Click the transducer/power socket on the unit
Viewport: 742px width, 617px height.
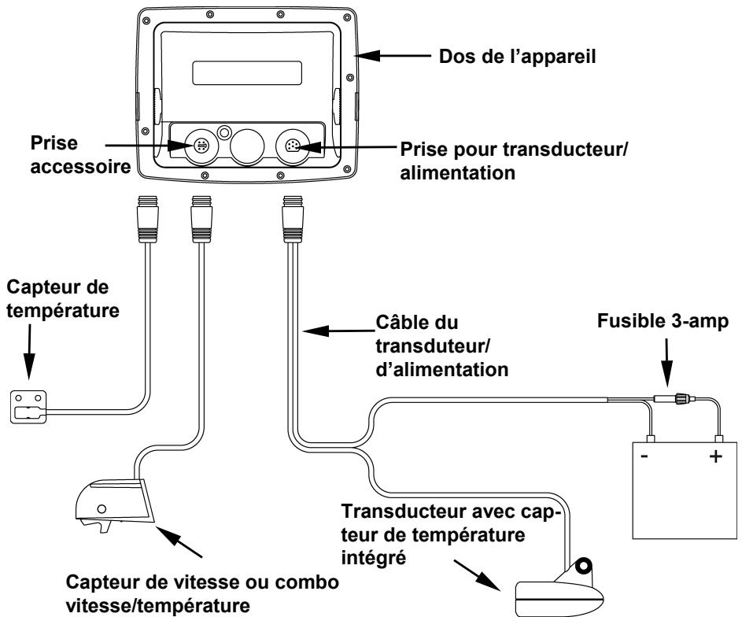coord(293,146)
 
